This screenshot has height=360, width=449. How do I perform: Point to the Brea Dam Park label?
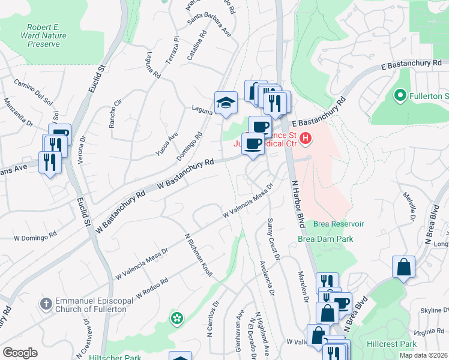point(325,238)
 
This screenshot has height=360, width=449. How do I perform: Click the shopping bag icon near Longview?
point(404,267)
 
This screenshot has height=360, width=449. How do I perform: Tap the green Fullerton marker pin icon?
point(400,95)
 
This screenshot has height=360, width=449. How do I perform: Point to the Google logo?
point(20,353)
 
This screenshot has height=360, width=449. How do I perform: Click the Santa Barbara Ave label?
point(209,24)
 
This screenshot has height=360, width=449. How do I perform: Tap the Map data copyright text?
point(424,355)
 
